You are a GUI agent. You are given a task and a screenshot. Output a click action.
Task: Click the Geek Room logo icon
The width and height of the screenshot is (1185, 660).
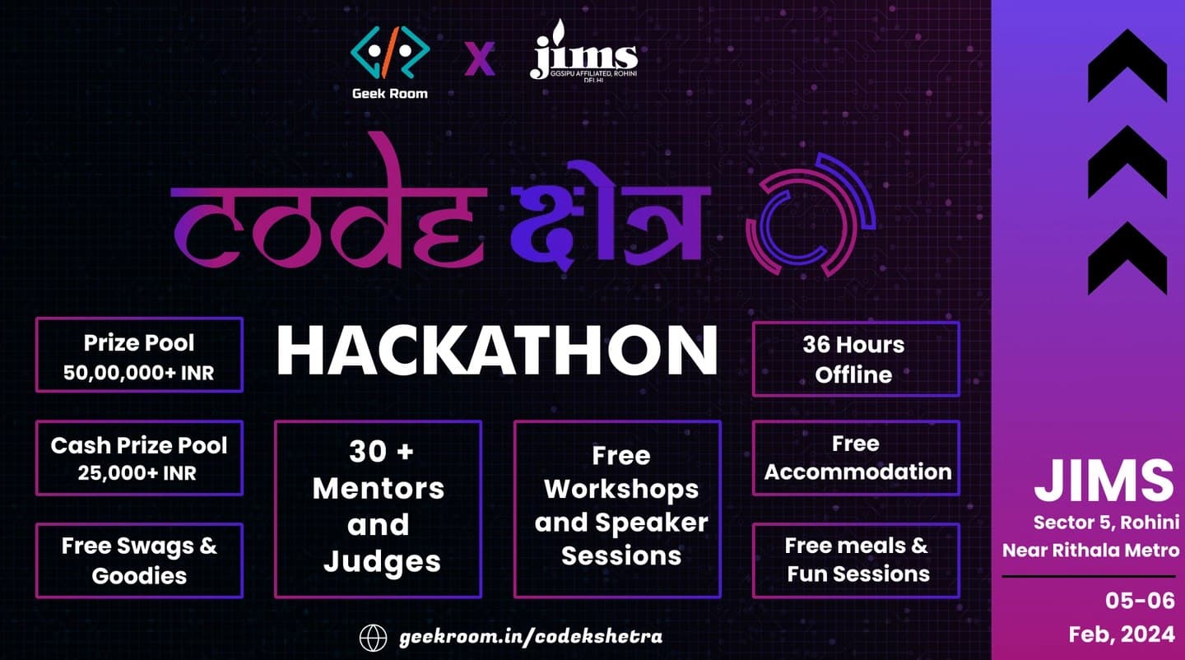[390, 53]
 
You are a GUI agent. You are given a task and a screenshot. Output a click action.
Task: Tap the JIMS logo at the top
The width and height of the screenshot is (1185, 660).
[583, 50]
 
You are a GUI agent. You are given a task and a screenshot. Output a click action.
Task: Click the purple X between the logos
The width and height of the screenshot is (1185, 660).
[479, 58]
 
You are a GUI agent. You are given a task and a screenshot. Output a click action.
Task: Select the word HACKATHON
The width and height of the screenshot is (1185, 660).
[497, 351]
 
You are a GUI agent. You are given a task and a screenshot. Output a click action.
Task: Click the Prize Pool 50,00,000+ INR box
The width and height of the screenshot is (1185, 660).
[139, 355]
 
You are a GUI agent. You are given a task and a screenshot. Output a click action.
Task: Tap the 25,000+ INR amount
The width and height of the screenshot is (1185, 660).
[137, 473]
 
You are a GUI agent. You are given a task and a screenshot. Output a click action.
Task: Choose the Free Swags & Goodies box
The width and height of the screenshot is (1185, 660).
[139, 560]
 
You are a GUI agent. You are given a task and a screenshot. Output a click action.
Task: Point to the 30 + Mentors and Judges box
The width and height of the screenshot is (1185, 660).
[378, 509]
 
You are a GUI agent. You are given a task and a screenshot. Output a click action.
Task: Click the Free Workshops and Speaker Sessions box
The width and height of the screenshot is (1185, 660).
[617, 509]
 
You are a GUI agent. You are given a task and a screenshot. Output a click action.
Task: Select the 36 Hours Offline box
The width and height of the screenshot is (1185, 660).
[856, 359]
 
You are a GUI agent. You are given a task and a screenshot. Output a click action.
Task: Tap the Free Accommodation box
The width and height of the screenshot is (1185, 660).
[856, 458]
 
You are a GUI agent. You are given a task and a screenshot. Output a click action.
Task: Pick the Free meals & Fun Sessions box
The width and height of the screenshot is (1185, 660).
[856, 560]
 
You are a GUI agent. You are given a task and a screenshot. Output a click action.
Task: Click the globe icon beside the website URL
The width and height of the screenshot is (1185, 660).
[373, 638]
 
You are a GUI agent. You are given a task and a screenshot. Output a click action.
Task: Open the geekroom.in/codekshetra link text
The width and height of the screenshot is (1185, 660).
[531, 637]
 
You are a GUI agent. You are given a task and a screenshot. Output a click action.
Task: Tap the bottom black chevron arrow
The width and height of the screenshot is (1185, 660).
[1127, 258]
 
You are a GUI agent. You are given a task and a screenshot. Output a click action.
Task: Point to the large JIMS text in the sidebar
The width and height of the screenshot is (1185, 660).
[1104, 481]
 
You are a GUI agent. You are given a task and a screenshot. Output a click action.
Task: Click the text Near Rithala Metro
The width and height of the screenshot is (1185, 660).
[1091, 551]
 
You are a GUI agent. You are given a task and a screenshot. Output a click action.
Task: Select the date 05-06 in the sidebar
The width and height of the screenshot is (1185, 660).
[1140, 601]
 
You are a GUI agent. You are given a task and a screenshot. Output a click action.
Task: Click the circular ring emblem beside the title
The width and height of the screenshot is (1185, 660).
[811, 215]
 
